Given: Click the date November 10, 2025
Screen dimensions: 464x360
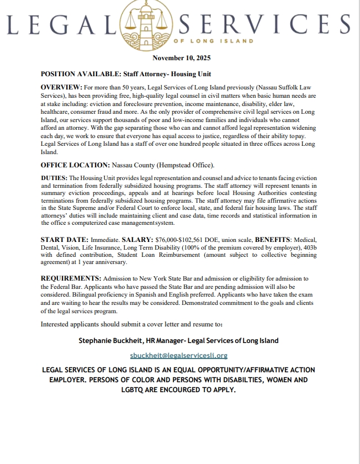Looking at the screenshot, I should point(181,58).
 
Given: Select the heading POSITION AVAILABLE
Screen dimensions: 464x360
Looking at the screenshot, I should point(76,74).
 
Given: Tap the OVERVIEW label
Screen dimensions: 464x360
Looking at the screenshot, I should point(61,88).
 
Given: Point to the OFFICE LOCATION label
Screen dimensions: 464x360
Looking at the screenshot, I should point(76,165).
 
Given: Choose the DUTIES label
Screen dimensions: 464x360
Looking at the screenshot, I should point(54,179).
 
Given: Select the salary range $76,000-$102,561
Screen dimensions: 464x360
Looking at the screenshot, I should point(182,240).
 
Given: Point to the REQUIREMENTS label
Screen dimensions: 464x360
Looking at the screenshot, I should point(70,279).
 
